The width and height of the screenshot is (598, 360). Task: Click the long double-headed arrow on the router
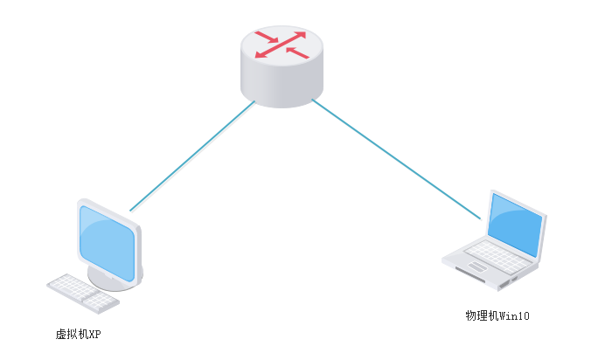pyautogui.click(x=282, y=47)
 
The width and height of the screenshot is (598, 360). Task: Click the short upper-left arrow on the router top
pyautogui.click(x=266, y=37)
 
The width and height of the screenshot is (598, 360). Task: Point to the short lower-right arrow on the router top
pyautogui.click(x=297, y=54)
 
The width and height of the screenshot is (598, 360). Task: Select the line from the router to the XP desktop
pyautogui.click(x=192, y=156)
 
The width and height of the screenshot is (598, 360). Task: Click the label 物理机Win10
pyautogui.click(x=497, y=315)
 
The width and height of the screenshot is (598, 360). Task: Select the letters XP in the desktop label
pyautogui.click(x=95, y=334)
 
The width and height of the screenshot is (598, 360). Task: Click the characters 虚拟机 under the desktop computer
pyautogui.click(x=72, y=334)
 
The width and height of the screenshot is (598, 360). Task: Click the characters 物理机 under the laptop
pyautogui.click(x=482, y=315)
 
